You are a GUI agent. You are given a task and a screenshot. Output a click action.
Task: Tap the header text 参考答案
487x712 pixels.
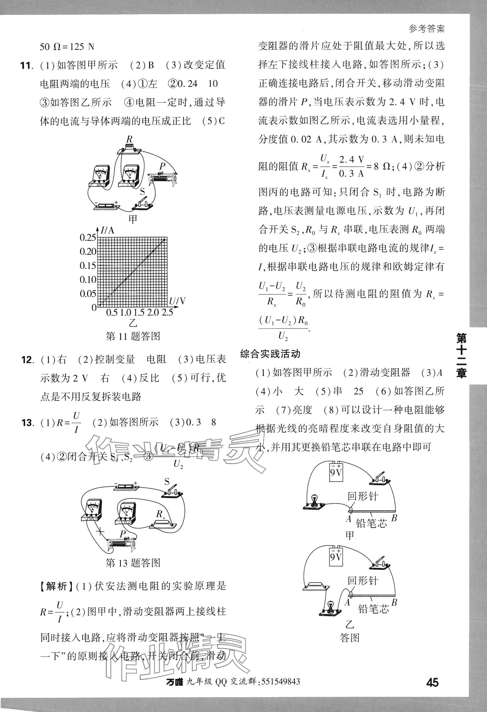pos(427,29)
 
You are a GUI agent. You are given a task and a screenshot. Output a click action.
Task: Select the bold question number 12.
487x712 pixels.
pos(27,359)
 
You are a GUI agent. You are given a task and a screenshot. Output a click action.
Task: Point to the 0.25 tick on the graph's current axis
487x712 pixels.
pos(88,238)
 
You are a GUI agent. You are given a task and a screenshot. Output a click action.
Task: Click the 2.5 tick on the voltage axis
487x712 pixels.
pos(167,313)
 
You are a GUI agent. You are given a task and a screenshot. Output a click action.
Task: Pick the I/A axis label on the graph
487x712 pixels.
pos(107,230)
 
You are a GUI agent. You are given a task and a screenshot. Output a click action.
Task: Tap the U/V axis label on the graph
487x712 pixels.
pos(177,301)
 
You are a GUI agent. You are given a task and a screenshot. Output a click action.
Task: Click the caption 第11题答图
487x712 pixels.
pos(133,336)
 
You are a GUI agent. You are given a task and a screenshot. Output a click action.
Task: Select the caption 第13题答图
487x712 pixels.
pos(133,563)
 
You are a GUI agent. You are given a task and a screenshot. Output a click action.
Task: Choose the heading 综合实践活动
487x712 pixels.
pos(270,354)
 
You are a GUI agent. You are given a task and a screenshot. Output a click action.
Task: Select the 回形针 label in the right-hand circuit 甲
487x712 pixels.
pos(362,496)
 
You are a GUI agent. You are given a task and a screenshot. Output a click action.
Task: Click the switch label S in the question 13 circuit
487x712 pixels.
pos(167,482)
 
